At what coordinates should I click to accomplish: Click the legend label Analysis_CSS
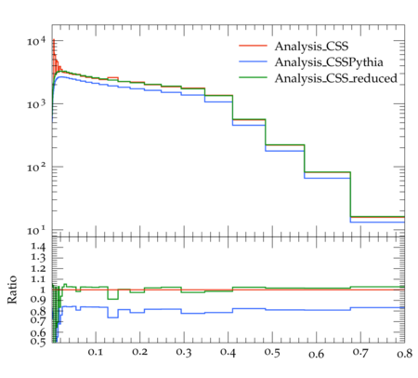coord(311,47)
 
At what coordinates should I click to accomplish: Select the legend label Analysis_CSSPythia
coord(329,62)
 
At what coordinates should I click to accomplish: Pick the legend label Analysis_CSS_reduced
coord(335,78)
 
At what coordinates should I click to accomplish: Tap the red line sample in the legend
coord(253,46)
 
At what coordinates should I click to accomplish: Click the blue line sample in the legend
coord(253,61)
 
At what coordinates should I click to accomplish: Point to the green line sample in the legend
coord(253,76)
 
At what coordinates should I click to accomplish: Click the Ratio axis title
coord(12,290)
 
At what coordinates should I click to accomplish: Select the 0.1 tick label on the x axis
coord(96,352)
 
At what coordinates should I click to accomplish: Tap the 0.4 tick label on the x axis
coord(228,353)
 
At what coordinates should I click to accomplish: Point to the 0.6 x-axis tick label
coord(316,354)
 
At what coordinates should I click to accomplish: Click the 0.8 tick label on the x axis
coord(404,353)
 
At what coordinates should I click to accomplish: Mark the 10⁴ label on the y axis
coord(36,41)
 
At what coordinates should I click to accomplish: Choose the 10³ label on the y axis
coord(36,104)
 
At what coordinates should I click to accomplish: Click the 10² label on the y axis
coord(36,168)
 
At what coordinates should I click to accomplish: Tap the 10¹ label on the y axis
coord(36,231)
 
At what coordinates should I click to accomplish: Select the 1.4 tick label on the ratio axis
coord(38,248)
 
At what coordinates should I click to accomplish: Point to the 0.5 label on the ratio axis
coord(38,342)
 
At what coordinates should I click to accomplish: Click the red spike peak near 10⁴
coord(54,39)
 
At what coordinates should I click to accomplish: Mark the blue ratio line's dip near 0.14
coord(112,317)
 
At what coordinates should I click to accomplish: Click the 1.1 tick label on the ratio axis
coord(38,279)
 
